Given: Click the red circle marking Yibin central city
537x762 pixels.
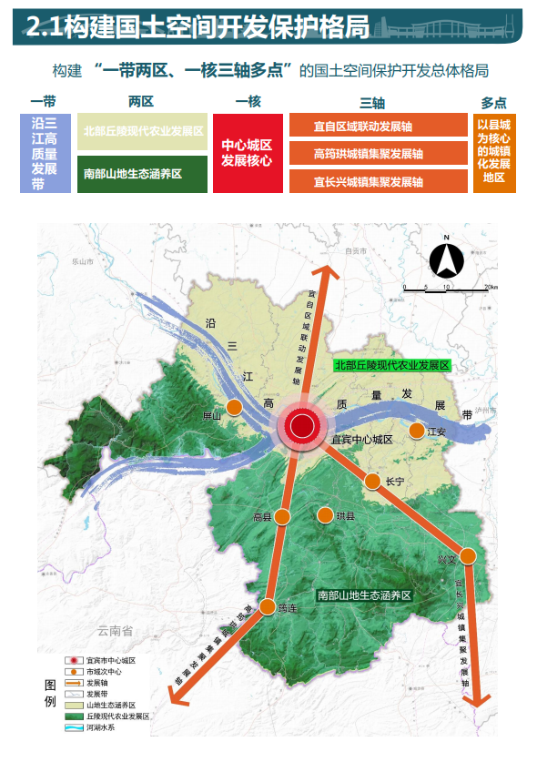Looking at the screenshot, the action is pyautogui.click(x=301, y=425).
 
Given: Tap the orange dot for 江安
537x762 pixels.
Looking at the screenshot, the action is pyautogui.click(x=417, y=432).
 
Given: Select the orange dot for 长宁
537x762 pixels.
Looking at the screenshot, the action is pyautogui.click(x=372, y=481).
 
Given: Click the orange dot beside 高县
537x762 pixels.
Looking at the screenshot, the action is pyautogui.click(x=282, y=517).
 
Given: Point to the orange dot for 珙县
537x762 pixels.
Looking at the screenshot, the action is pyautogui.click(x=324, y=515).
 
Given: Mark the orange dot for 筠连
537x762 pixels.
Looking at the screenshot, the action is pyautogui.click(x=268, y=606).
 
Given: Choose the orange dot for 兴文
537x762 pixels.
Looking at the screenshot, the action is pyautogui.click(x=469, y=555).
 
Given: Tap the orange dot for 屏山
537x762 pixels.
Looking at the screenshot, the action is pyautogui.click(x=234, y=407).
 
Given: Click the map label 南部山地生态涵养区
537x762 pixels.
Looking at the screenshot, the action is pyautogui.click(x=365, y=594).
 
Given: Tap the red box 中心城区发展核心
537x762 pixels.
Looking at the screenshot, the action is pyautogui.click(x=247, y=153).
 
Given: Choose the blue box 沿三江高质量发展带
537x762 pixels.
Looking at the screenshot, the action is pyautogui.click(x=45, y=153).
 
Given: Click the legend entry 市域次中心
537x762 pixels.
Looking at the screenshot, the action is pyautogui.click(x=105, y=671).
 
